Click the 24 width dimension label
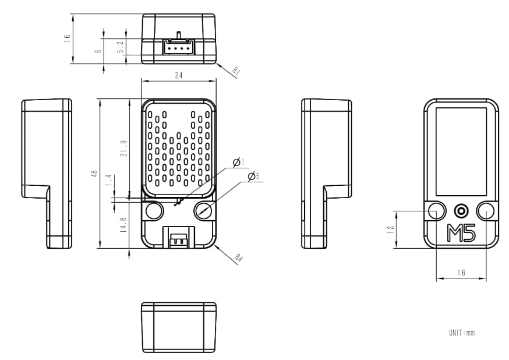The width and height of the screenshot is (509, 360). click(178, 76)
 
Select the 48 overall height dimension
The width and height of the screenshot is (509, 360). click(94, 175)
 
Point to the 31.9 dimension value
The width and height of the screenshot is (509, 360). click(123, 149)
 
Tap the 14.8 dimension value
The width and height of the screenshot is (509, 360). click(123, 225)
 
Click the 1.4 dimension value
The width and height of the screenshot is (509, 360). click(108, 181)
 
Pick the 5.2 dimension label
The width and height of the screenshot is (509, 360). click(121, 47)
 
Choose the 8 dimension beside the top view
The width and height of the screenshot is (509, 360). click(98, 51)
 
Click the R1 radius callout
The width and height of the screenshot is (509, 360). click(236, 72)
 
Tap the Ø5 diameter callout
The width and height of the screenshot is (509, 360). click(253, 177)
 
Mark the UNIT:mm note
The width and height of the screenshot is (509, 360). click(462, 333)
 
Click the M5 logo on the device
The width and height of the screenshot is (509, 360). click(461, 233)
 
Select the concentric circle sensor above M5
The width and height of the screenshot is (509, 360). click(461, 210)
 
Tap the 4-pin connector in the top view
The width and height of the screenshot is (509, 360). click(179, 46)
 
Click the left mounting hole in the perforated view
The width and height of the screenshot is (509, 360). click(154, 210)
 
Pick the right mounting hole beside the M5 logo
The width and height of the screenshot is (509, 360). click(486, 211)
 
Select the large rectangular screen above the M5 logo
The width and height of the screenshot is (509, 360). click(461, 151)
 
